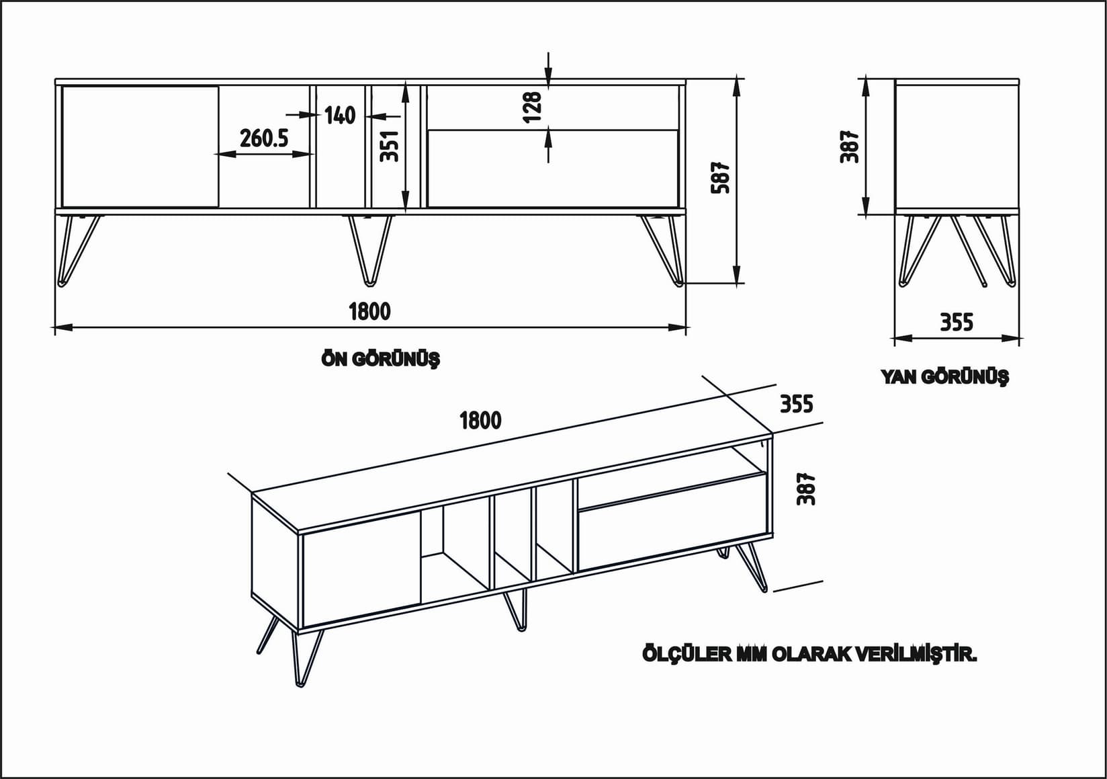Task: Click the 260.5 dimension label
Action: (x=264, y=138)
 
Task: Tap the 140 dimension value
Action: (x=340, y=116)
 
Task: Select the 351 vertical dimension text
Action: (x=390, y=146)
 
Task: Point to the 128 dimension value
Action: (x=531, y=107)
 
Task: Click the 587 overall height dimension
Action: (x=720, y=177)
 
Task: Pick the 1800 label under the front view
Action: (x=369, y=311)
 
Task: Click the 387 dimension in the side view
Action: (x=850, y=145)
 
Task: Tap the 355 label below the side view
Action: (x=956, y=323)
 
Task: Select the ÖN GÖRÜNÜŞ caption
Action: (x=380, y=360)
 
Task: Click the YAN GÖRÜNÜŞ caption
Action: (x=944, y=376)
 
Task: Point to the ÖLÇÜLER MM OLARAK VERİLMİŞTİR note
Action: (x=809, y=654)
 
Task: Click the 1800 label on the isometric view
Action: (x=480, y=421)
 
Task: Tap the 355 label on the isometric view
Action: (x=796, y=404)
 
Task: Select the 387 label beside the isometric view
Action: (x=806, y=489)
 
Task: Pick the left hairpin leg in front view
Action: (x=77, y=249)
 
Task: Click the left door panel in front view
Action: (x=140, y=146)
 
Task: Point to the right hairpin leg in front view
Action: (x=664, y=249)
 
